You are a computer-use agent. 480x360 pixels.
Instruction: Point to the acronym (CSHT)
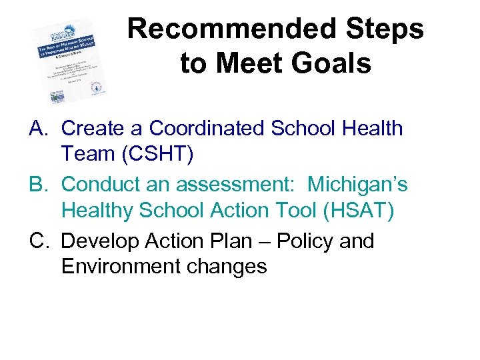coord(155,154)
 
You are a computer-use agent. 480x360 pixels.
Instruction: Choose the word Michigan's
coord(357,184)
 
